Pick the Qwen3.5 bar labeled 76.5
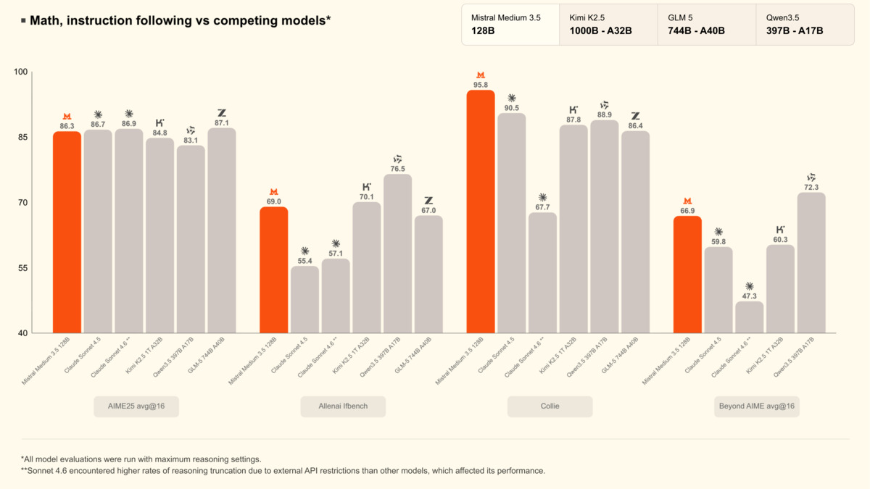[397, 254]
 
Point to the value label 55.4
[304, 261]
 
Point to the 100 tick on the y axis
[20, 72]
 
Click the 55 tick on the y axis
[21, 268]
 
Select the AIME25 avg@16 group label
[136, 406]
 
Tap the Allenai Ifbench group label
[343, 406]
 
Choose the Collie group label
[550, 406]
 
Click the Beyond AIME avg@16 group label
[756, 406]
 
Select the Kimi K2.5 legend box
[608, 25]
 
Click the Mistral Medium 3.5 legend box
[510, 25]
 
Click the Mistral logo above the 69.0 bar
[273, 192]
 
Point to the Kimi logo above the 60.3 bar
[780, 230]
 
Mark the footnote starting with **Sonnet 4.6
[283, 471]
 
